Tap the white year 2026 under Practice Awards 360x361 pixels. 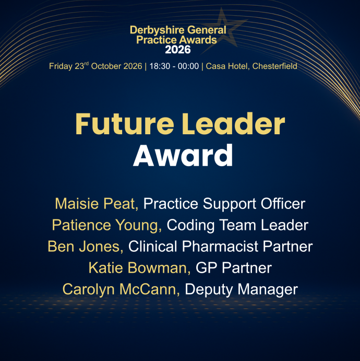[x=178, y=50]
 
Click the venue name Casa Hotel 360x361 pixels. [x=227, y=66]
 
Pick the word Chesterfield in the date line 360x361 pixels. [x=274, y=66]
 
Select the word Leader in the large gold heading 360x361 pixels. [x=233, y=124]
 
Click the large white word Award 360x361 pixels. [x=183, y=155]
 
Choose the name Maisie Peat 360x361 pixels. [x=97, y=204]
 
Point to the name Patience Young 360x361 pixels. [x=107, y=225]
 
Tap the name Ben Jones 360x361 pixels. [x=86, y=247]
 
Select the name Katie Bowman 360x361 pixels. [x=139, y=268]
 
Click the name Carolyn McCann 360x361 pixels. [x=121, y=289]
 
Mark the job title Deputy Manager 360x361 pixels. [x=242, y=289]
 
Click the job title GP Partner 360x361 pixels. [x=234, y=268]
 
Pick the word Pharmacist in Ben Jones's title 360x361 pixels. [x=220, y=247]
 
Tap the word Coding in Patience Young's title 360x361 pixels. [x=190, y=225]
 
